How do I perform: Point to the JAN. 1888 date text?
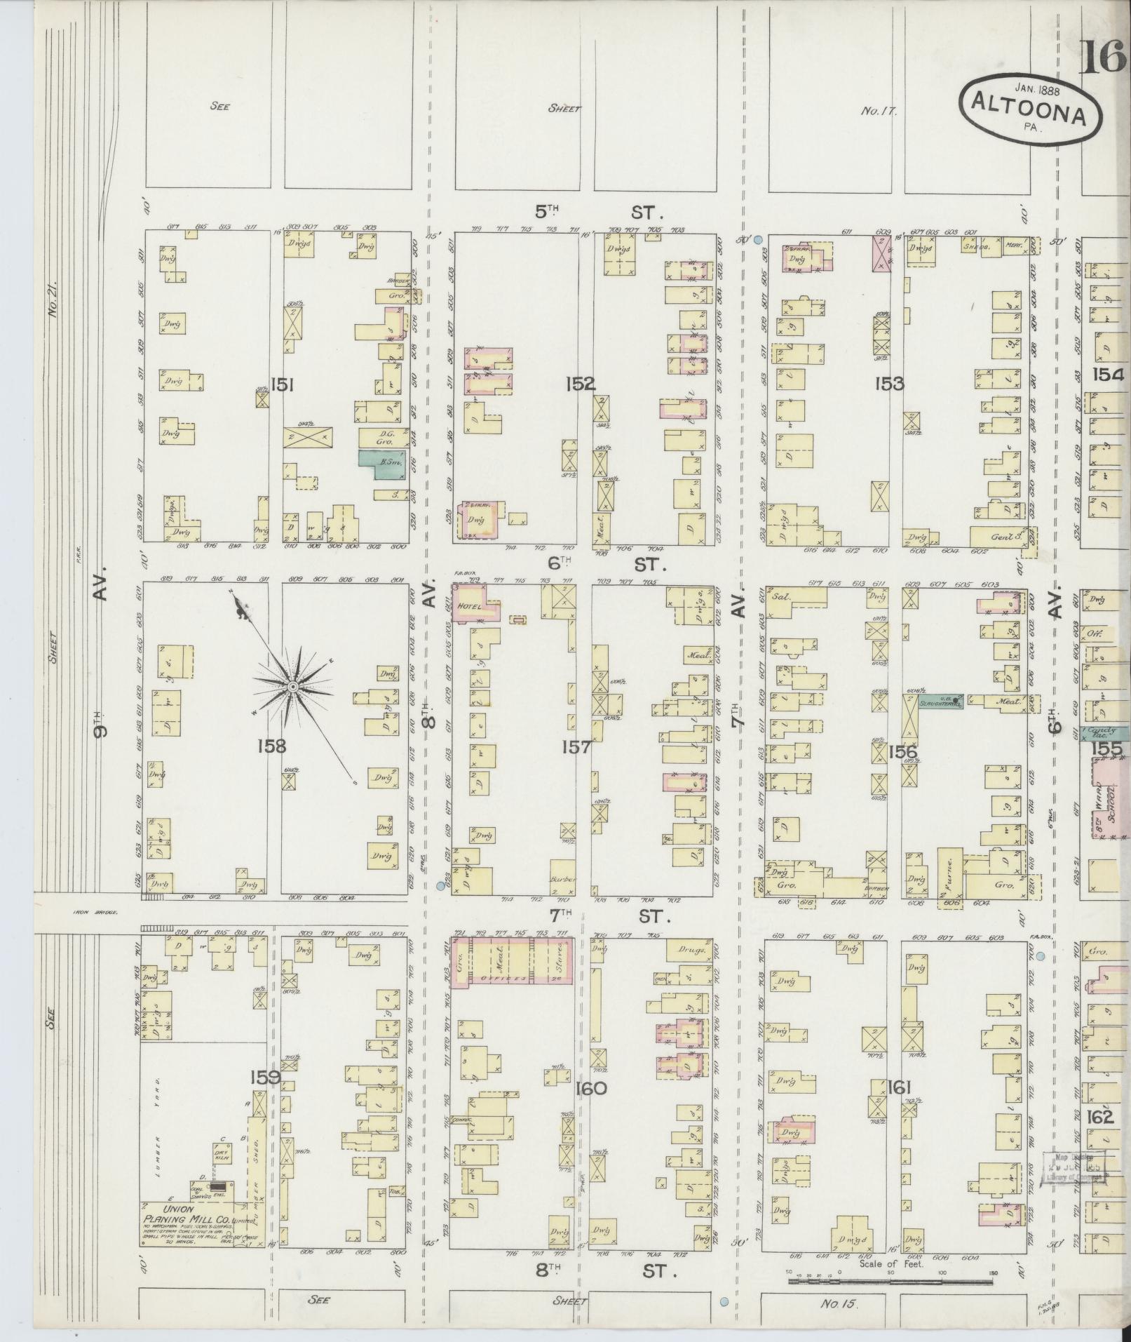click(x=1037, y=89)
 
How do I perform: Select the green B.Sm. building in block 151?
click(x=383, y=464)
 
